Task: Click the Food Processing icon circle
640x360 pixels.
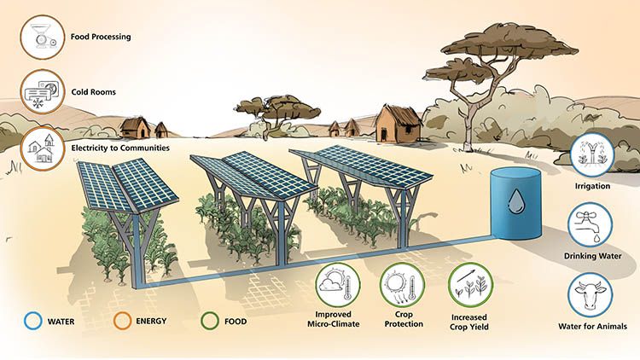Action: click(x=43, y=38)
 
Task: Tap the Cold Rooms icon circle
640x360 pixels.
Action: click(x=43, y=91)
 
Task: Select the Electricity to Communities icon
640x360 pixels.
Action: click(x=43, y=148)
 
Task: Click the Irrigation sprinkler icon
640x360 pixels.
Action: click(x=592, y=155)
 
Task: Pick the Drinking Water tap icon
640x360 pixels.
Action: click(x=591, y=225)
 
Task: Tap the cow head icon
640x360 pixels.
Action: click(x=591, y=295)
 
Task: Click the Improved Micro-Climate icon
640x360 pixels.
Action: click(x=338, y=285)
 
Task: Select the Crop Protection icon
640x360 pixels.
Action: click(x=403, y=285)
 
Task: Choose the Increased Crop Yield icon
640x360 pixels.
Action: click(x=470, y=285)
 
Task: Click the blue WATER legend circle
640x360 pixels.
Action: click(x=33, y=321)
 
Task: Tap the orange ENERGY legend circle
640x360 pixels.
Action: click(x=122, y=321)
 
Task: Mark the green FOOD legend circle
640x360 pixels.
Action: click(x=210, y=321)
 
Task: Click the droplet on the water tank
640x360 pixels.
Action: click(x=516, y=201)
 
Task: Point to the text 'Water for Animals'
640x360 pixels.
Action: click(x=592, y=327)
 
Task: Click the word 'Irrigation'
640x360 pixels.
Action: click(x=592, y=186)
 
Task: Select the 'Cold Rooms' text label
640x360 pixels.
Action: click(x=94, y=92)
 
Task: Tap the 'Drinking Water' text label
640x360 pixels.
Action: click(x=592, y=256)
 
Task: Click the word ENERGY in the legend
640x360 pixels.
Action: click(x=151, y=322)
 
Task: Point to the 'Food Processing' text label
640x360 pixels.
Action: click(x=101, y=37)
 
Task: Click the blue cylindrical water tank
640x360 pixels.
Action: click(x=516, y=203)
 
